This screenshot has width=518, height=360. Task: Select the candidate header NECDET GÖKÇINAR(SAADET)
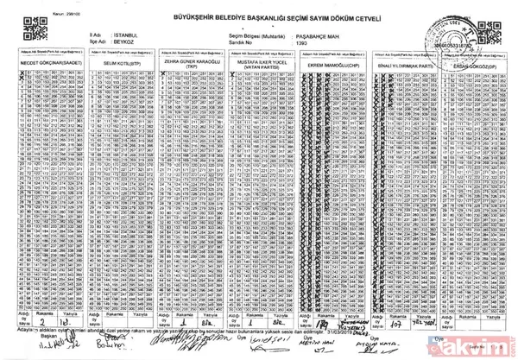click(45, 64)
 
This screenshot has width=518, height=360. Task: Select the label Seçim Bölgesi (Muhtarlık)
click(256, 35)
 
